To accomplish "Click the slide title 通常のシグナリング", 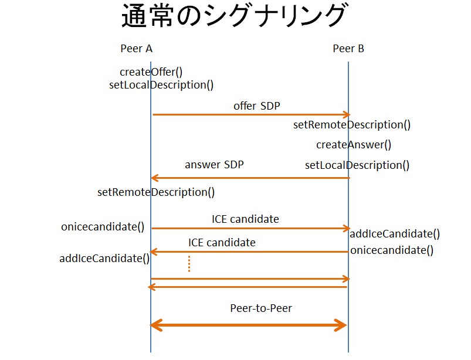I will [234, 17].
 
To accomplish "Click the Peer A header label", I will [136, 49].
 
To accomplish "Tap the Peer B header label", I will [348, 49].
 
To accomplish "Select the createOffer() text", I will [151, 72].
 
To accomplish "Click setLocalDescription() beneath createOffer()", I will [161, 85].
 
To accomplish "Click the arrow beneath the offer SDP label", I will [251, 115].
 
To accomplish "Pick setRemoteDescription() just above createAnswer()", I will [352, 125].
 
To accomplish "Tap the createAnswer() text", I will [354, 145].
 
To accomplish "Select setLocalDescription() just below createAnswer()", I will [357, 165].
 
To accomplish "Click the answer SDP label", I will [214, 165].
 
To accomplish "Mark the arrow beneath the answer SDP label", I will [251, 178].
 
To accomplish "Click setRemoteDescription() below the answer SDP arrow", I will [156, 192].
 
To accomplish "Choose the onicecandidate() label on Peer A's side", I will [103, 227].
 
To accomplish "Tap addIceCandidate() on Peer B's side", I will [395, 234].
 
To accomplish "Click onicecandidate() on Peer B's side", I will [392, 250].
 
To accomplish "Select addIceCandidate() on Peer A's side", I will [104, 258].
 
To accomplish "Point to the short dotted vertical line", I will [189, 263].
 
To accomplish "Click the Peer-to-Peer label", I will [261, 308].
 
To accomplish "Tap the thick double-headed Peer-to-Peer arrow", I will [249, 325].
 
